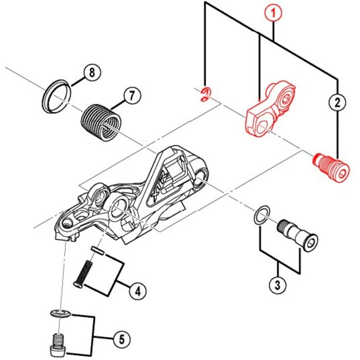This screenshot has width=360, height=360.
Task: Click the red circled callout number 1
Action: pyautogui.click(x=272, y=12)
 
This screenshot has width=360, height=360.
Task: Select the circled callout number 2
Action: pyautogui.click(x=337, y=103)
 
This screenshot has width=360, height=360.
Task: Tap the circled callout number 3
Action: pyautogui.click(x=277, y=286)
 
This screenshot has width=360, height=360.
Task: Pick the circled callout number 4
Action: pyautogui.click(x=136, y=290)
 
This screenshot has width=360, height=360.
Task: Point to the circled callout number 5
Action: pyautogui.click(x=120, y=339)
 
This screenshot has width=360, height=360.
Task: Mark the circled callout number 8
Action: pyautogui.click(x=90, y=73)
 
